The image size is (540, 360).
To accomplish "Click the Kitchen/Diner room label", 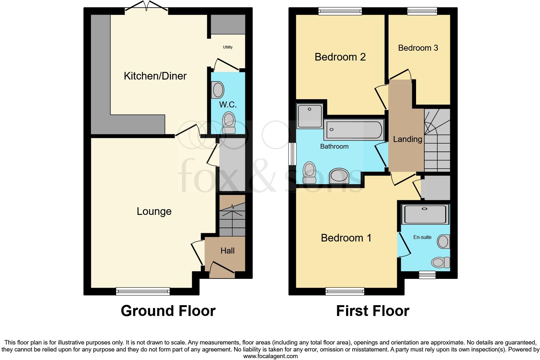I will pyautogui.click(x=155, y=76).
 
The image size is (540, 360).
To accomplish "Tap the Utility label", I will pyautogui.click(x=228, y=47).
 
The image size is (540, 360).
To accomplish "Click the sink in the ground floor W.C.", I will pyautogui.click(x=218, y=90).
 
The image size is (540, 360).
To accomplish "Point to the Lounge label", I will pyautogui.click(x=154, y=211).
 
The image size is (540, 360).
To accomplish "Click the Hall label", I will pyautogui.click(x=227, y=251).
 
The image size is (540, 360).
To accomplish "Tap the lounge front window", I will pyautogui.click(x=143, y=291).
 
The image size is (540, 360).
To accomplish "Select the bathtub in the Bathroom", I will pyautogui.click(x=354, y=130).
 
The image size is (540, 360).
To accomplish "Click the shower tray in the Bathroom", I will pyautogui.click(x=310, y=116).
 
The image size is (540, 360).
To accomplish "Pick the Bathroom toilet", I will pyautogui.click(x=309, y=173).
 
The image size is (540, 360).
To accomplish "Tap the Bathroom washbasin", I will pyautogui.click(x=339, y=176).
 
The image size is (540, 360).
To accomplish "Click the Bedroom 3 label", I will pyautogui.click(x=418, y=48).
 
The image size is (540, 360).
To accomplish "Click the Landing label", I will pyautogui.click(x=408, y=139).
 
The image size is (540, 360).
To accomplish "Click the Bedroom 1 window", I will pyautogui.click(x=345, y=291).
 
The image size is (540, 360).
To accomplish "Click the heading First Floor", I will pyautogui.click(x=372, y=311).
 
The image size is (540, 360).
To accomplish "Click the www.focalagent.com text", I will pyautogui.click(x=270, y=356).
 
